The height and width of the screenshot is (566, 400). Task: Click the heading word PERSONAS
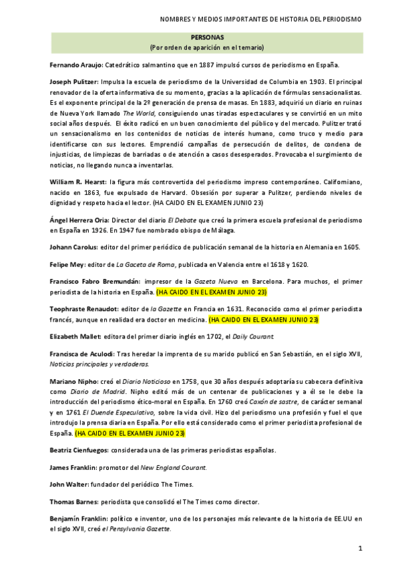(x=207, y=38)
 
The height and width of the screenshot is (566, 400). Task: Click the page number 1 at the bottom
(x=360, y=549)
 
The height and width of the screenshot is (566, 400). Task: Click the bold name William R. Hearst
(x=79, y=182)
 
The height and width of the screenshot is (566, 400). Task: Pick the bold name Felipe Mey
(x=67, y=264)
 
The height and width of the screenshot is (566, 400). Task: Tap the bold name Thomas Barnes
(x=73, y=501)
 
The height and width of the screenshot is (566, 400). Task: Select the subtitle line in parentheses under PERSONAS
(x=207, y=47)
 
